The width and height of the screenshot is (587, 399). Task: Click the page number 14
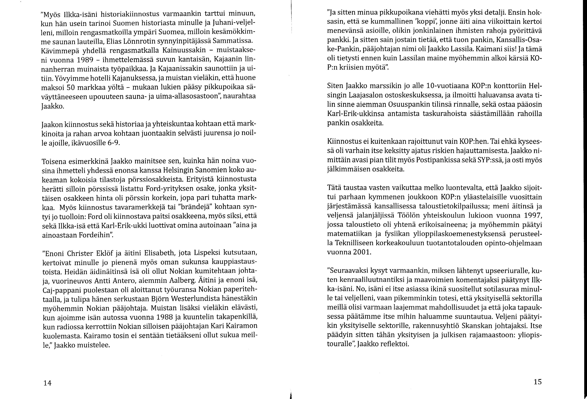(47, 383)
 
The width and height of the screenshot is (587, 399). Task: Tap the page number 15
(538, 382)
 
